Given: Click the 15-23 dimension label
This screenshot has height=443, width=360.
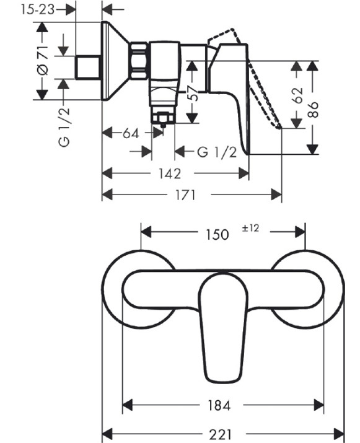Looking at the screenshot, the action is (x=38, y=10).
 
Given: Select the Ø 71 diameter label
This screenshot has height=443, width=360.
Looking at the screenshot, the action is (x=43, y=61).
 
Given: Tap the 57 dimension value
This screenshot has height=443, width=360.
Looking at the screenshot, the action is (x=194, y=93).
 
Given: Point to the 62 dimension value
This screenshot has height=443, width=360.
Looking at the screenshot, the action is (x=297, y=95).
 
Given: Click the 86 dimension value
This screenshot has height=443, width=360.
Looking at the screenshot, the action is (x=312, y=109).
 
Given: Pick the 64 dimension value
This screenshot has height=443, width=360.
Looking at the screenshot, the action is (x=131, y=133).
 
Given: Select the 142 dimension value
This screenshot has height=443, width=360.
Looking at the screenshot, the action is (x=169, y=173).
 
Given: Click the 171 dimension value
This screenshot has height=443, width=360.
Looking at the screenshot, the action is (x=185, y=195).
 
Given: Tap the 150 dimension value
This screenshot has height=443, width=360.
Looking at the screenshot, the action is (x=217, y=235).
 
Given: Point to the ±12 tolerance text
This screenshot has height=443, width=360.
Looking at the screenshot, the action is (x=250, y=228).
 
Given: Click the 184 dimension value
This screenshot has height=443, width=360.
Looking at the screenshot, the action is (x=219, y=405).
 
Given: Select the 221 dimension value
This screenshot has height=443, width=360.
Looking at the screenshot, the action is (x=221, y=434).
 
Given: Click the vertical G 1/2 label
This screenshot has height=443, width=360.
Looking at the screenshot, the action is (x=64, y=126).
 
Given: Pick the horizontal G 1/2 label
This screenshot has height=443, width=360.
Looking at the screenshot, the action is (x=217, y=152).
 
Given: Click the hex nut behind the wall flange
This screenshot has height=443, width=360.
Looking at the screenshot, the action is (x=138, y=61).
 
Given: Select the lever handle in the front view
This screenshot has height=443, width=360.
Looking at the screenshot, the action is (x=223, y=327).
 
